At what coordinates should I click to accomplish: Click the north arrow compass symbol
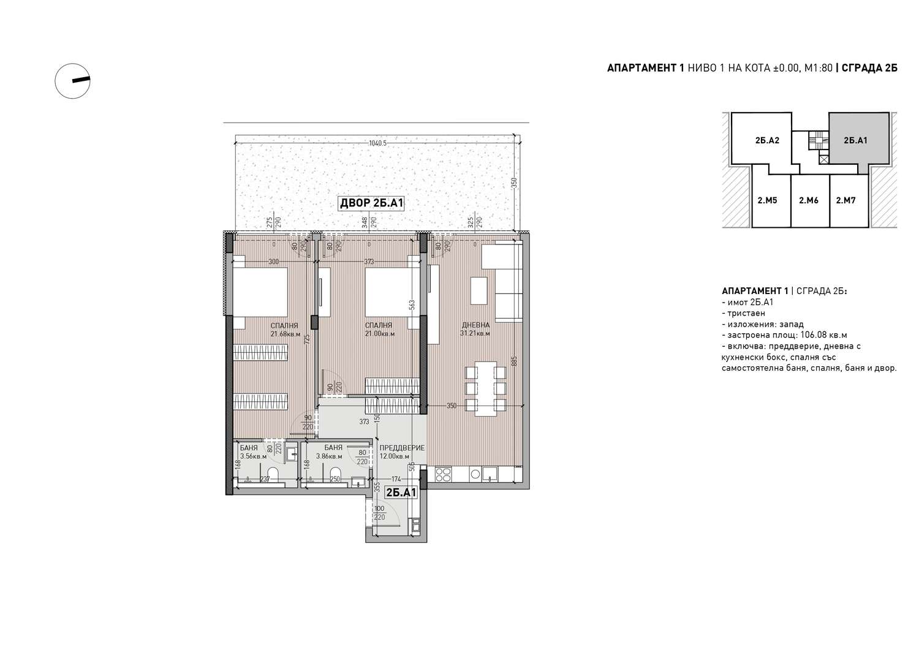tap(73, 81)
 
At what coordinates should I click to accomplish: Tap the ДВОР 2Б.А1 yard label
tap(372, 203)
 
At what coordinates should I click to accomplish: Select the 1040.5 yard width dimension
tap(377, 143)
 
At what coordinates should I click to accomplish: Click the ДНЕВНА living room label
tap(475, 325)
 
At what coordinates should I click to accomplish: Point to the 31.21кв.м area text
tap(475, 333)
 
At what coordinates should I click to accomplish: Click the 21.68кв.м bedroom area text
tap(286, 334)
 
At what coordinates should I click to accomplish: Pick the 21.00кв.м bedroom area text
tap(380, 334)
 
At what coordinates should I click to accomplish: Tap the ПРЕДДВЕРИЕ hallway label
tap(402, 448)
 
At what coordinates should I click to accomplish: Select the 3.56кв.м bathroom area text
tap(253, 456)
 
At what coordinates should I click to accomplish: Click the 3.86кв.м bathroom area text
tap(329, 456)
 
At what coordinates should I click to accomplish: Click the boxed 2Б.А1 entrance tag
tap(401, 493)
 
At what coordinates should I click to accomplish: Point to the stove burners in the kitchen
tap(443, 475)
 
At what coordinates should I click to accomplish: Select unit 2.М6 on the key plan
tap(809, 201)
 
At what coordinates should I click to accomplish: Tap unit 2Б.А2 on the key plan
tap(767, 140)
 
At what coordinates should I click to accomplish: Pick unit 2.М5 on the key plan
tap(767, 201)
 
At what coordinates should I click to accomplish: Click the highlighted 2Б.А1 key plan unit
tap(855, 140)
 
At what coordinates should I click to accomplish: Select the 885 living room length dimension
tap(515, 361)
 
